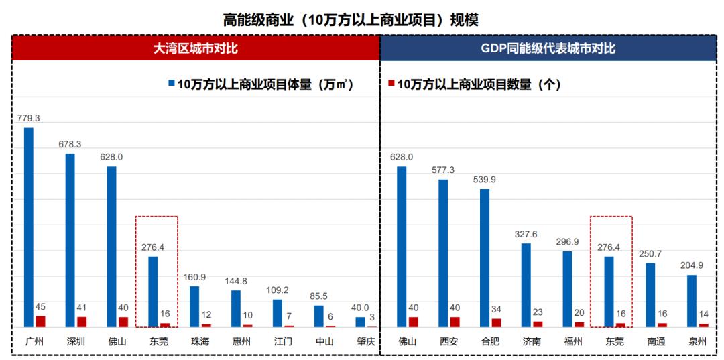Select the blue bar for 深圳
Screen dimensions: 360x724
point(70,240)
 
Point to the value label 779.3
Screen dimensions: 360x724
point(29,118)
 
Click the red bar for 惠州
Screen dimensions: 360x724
point(248,325)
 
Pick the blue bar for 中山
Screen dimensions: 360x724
point(319,316)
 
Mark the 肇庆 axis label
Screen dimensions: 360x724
point(366,341)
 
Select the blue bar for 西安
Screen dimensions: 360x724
point(443,253)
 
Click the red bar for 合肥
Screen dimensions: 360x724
point(497,322)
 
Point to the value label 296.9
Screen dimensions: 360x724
point(568,241)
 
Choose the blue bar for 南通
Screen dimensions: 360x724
point(650,294)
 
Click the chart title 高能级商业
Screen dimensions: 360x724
point(351,19)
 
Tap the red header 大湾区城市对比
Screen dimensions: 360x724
point(196,48)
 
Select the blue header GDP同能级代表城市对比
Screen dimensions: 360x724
point(548,48)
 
